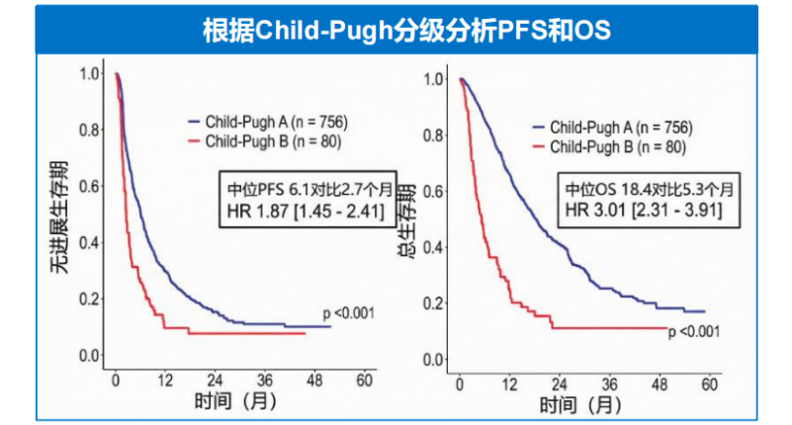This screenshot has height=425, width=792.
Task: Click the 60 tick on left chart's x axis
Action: pyautogui.click(x=365, y=381)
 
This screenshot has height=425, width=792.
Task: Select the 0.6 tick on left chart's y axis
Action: pyautogui.click(x=90, y=186)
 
